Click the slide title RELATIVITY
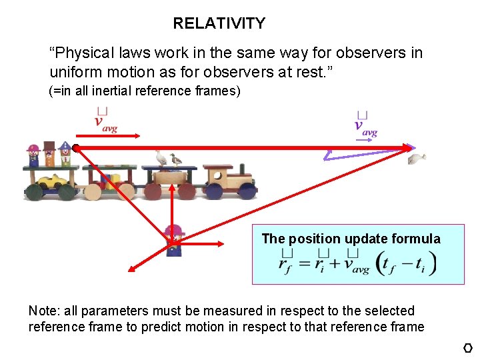click(219, 23)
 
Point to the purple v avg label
click(366, 126)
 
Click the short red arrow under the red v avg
click(117, 136)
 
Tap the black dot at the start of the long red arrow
click(77, 147)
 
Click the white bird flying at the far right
click(417, 158)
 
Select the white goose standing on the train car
click(161, 158)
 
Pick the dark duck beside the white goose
click(175, 159)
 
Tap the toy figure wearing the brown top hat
click(49, 153)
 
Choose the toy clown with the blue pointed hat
click(65, 153)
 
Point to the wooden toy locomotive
click(228, 181)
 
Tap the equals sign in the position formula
click(306, 263)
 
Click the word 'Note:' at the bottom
click(44, 311)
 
